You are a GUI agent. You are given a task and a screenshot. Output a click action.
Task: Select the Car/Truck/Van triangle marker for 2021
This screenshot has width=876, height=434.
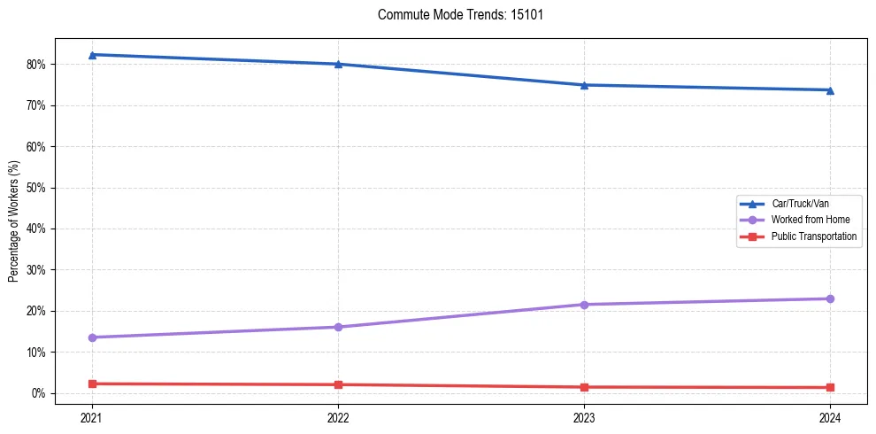92,55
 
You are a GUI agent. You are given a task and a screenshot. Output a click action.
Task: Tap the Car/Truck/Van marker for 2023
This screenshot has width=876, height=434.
584,85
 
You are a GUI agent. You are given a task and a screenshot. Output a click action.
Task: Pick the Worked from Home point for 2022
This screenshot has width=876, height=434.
338,327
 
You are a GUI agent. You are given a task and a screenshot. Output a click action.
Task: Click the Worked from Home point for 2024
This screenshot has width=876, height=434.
830,298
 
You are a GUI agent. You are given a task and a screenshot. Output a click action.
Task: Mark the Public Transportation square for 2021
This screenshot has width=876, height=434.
92,384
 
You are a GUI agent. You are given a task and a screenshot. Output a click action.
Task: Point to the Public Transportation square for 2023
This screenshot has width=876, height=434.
584,387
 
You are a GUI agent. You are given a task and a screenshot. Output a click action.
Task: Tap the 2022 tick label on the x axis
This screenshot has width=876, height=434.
338,416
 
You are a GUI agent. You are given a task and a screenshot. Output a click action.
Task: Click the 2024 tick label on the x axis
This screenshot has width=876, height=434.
830,416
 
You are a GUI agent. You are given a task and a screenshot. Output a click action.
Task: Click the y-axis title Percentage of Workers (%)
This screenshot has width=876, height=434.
14,221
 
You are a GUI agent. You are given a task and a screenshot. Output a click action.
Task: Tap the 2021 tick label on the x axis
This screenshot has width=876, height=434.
92,416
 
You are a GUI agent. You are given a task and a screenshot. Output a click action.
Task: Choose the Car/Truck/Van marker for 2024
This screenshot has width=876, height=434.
830,89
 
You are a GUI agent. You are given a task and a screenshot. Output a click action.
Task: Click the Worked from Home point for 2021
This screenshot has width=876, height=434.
92,337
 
